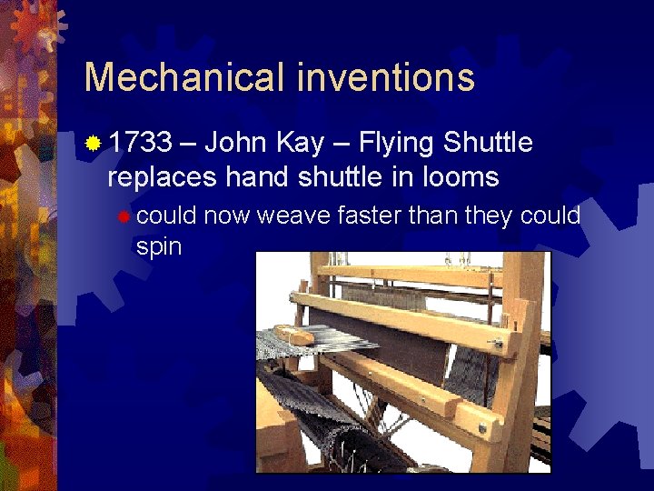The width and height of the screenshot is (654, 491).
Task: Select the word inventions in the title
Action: click(385, 78)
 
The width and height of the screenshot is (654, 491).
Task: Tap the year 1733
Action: click(140, 143)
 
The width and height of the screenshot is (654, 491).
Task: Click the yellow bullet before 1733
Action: click(93, 144)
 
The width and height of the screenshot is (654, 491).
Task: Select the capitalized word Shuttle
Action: click(490, 143)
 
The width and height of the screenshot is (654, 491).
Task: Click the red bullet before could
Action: click(124, 215)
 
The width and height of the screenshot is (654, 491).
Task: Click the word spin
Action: click(158, 246)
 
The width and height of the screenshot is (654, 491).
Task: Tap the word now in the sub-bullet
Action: click(227, 215)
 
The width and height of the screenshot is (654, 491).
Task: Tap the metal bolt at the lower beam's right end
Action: click(481, 427)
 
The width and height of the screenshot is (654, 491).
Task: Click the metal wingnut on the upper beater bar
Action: click(496, 344)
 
